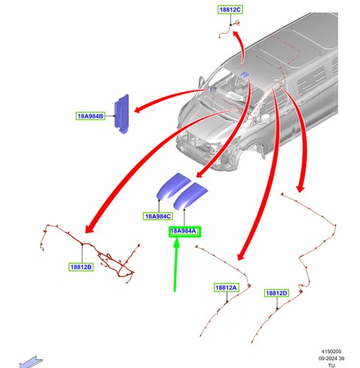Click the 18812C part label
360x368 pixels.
pos(230,10)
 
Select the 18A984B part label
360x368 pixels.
pos(91,116)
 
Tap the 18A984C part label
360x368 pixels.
pos(158,216)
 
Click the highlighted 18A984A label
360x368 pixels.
pos(185,231)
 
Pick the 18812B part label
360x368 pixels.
pos(81,267)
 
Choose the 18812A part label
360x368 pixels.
pos(226,288)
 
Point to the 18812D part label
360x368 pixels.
pos(277,293)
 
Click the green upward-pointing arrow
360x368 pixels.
pos(176,265)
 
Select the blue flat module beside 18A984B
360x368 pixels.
pos(121,114)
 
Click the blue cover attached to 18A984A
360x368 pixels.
pos(190,196)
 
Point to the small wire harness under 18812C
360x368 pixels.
pos(229,30)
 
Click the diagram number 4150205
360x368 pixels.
pos(331,352)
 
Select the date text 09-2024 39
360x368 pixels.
pos(331,358)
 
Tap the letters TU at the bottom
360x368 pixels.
pos(331,365)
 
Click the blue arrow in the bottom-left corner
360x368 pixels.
pos(31,362)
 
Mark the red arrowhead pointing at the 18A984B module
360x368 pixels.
pos(138,109)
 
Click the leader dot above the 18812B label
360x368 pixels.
pos(82,244)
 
